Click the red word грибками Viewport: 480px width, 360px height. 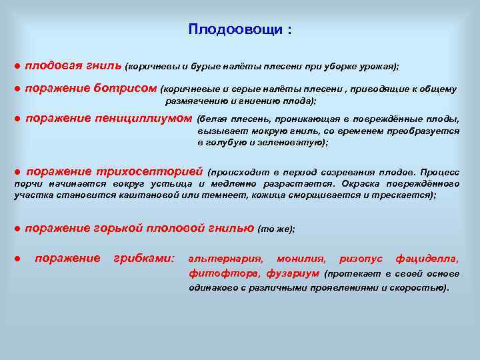(144, 258)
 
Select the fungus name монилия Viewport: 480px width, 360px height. (301, 259)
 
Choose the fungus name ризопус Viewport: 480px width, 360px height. (361, 259)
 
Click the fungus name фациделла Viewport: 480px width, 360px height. (427, 259)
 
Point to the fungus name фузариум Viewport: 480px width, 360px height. (293, 273)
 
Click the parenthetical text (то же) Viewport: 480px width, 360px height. (275, 229)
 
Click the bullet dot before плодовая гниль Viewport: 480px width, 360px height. (17, 67)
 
